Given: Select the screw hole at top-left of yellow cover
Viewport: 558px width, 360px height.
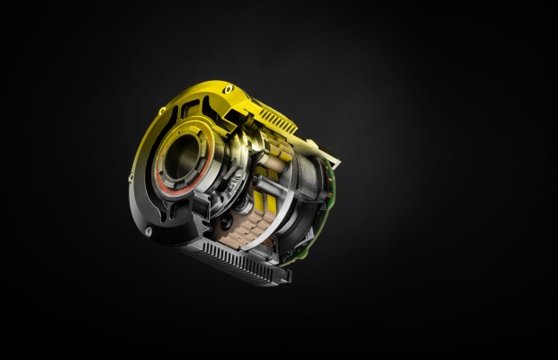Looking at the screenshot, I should click(x=163, y=111).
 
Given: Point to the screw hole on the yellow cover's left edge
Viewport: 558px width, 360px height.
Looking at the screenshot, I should click(x=134, y=176).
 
